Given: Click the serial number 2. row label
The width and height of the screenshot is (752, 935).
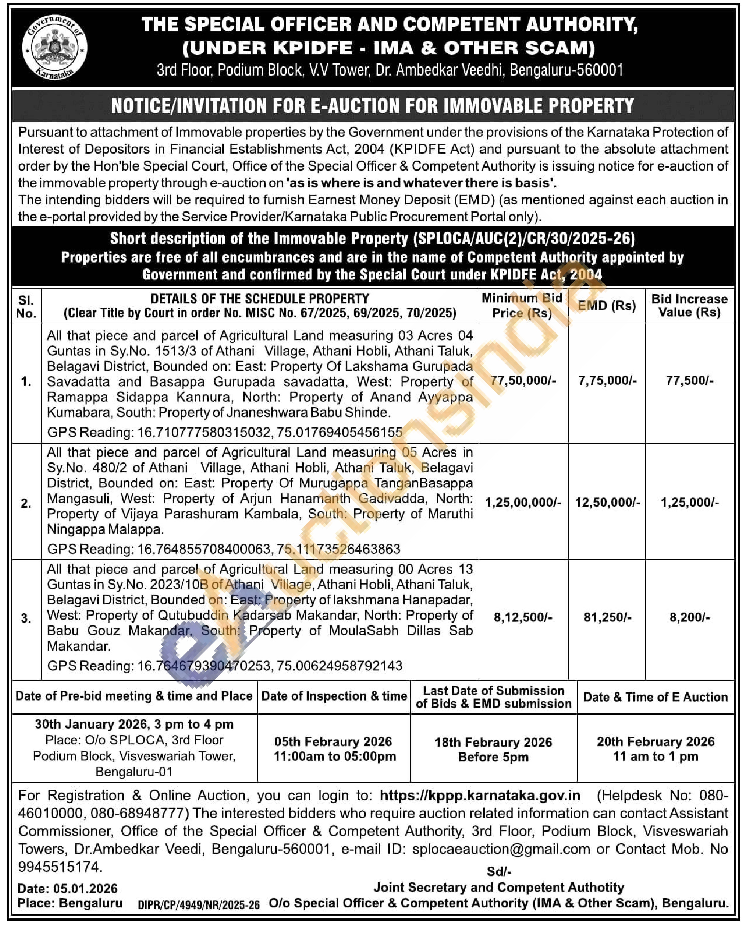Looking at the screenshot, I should (x=26, y=503).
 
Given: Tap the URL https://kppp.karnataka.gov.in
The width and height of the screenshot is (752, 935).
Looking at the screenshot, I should (x=480, y=795).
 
